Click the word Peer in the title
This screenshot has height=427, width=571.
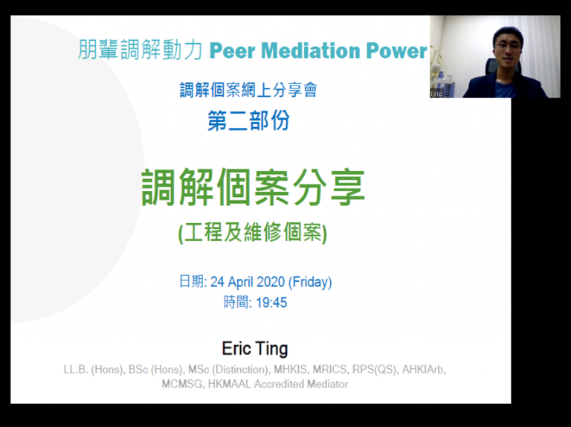click(232, 51)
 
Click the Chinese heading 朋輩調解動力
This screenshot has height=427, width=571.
click(140, 50)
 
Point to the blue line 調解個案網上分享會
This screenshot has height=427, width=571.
click(248, 90)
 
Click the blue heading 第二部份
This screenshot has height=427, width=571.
click(249, 121)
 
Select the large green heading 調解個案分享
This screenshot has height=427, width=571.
click(253, 187)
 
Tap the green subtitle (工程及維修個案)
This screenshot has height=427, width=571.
click(253, 232)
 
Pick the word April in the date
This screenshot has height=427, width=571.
click(241, 283)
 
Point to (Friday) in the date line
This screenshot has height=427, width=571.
click(310, 283)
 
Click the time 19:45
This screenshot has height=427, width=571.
click(271, 303)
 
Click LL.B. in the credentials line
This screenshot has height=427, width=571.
click(76, 370)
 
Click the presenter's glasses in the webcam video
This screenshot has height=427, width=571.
click(508, 46)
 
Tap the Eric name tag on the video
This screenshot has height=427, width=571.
click(436, 94)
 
